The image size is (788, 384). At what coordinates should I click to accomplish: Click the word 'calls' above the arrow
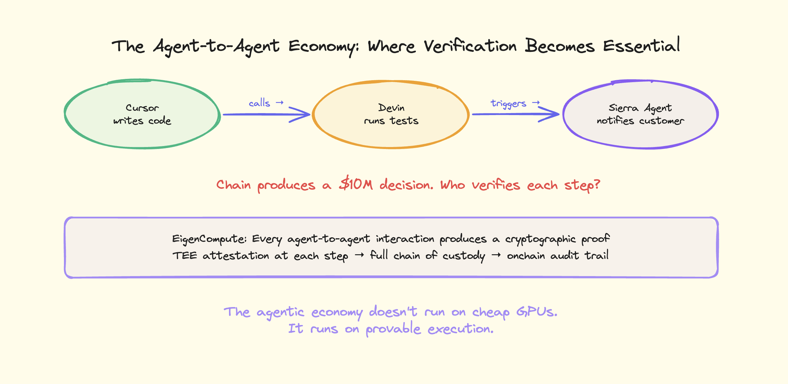click(259, 103)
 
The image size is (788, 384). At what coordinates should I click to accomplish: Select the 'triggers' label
click(508, 103)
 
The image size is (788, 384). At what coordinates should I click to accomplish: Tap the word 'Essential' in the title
click(641, 46)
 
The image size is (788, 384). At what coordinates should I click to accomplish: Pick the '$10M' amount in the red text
click(356, 185)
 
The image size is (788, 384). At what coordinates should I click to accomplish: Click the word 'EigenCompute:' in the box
click(209, 239)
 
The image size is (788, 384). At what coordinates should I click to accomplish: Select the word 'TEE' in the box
click(185, 256)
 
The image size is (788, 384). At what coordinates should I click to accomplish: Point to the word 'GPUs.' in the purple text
click(537, 312)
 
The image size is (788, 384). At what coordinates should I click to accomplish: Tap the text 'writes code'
click(142, 121)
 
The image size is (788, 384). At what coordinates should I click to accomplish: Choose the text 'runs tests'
click(391, 121)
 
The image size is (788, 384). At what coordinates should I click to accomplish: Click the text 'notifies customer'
click(640, 121)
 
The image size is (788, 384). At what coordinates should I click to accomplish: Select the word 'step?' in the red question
click(582, 185)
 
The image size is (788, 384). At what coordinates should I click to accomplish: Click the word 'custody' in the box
click(463, 256)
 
